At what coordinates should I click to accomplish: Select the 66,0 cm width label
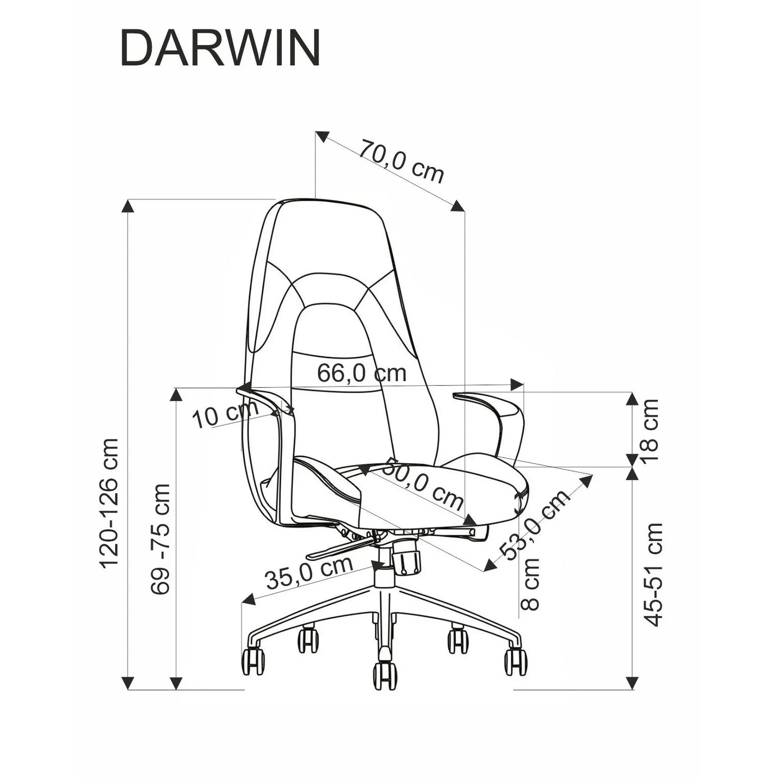362,373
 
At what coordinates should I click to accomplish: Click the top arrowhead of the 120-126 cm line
128,206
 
